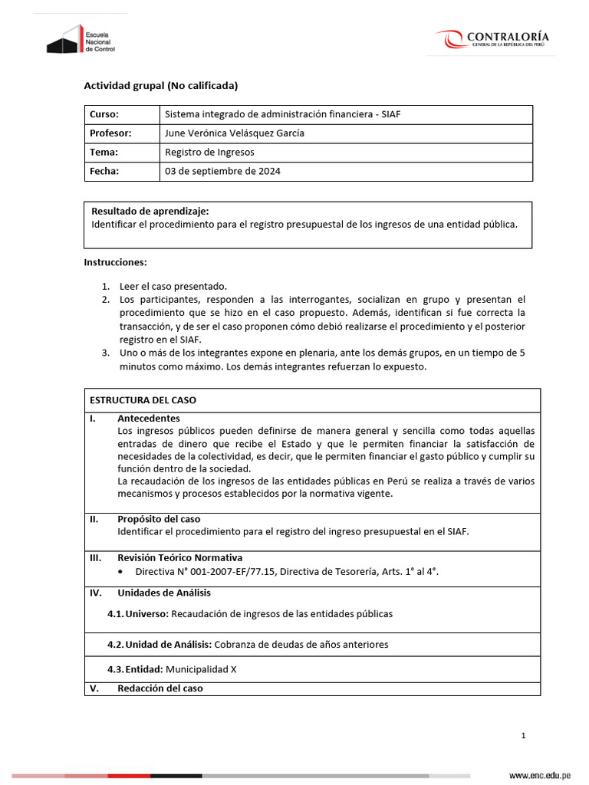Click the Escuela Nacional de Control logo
80,39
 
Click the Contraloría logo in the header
492,39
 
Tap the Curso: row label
104,114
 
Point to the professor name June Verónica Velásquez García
235,133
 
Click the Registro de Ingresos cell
209,153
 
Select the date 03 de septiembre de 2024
222,172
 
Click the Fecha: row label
104,172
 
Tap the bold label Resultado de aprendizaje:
150,212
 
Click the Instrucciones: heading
115,262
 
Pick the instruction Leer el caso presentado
173,286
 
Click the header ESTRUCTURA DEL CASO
143,400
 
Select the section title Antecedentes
148,419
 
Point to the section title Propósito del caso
159,519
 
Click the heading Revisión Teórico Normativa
179,558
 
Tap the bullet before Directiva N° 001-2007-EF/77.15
123,572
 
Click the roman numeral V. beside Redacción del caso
94,688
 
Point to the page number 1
523,736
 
